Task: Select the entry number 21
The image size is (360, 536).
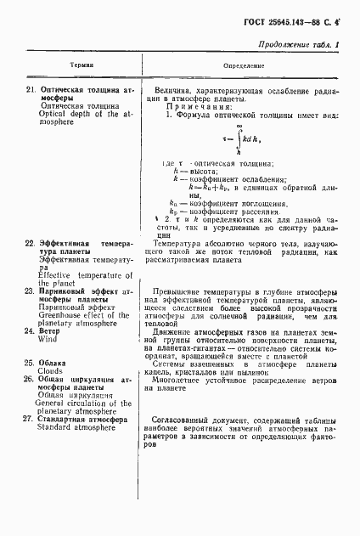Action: point(28,89)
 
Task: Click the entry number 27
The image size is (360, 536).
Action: point(28,419)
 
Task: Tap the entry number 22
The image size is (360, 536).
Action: point(28,243)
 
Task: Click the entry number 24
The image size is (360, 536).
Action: point(28,330)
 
